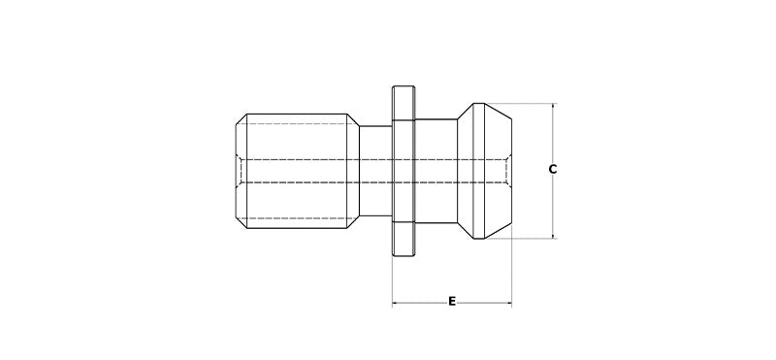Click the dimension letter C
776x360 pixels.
[x=552, y=170]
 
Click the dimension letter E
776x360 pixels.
[x=452, y=302]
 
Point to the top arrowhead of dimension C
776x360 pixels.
[x=552, y=106]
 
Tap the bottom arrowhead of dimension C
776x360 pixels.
[x=552, y=235]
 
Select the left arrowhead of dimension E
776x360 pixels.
[x=396, y=305]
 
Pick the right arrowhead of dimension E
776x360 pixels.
[x=507, y=305]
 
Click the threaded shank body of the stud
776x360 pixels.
[x=296, y=170]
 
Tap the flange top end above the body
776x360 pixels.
[x=403, y=102]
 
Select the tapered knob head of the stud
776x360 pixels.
[x=485, y=170]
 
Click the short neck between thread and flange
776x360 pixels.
[x=374, y=170]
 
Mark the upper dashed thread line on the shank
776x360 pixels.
[x=296, y=124]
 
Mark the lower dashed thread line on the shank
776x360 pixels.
[x=296, y=215]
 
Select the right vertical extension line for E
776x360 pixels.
[x=511, y=277]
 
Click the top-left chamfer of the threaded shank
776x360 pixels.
[x=241, y=119]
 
